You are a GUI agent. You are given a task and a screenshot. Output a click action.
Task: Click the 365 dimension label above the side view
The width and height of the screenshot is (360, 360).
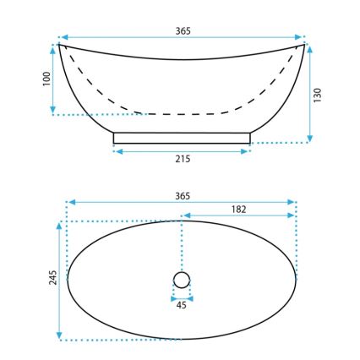tap(183, 30)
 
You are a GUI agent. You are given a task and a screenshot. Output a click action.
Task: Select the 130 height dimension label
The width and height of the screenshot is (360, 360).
tap(319, 93)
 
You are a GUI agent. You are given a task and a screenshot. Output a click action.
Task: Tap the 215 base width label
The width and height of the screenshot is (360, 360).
tap(183, 158)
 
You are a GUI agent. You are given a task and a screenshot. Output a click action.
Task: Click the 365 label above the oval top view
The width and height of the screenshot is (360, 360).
tap(183, 195)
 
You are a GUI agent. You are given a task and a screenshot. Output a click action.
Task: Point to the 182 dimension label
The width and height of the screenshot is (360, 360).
tap(239, 209)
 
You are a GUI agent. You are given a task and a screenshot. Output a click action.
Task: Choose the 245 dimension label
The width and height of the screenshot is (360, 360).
tap(51, 279)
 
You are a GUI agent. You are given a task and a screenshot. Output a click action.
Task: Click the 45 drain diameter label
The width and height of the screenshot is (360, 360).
tap(183, 305)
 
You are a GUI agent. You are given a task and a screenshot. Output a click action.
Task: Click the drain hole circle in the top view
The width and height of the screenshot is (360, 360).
tap(183, 280)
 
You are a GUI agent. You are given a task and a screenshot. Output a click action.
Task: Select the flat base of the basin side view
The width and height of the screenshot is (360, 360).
tap(183, 138)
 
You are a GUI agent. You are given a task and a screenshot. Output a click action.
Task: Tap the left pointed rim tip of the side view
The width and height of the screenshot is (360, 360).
tap(60, 44)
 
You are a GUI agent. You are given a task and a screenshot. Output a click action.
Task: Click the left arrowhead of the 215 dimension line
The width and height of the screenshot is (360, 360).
tap(117, 151)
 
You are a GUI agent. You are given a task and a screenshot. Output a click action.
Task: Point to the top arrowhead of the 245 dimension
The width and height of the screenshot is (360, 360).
tap(59, 224)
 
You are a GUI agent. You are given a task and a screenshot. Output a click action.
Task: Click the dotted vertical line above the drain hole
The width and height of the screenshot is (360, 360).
tap(183, 245)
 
